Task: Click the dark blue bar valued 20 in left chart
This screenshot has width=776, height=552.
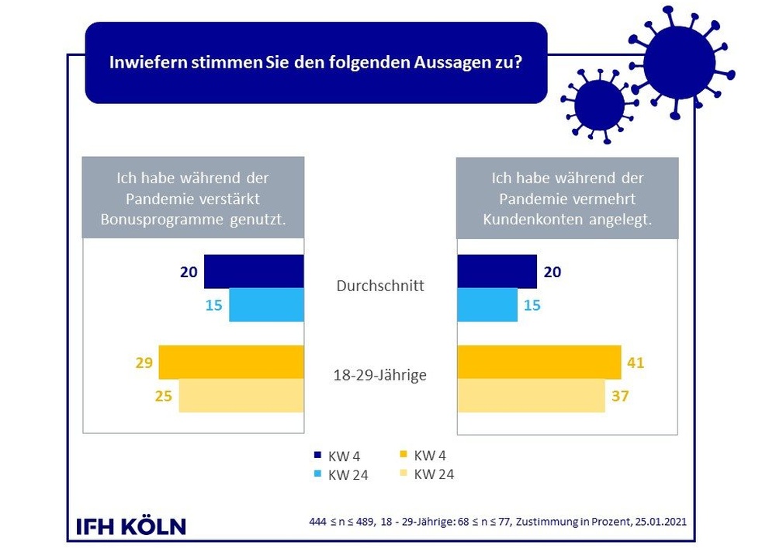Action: [253, 271]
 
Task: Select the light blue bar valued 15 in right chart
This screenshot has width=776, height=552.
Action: [487, 304]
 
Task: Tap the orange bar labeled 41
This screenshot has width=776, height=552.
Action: [539, 362]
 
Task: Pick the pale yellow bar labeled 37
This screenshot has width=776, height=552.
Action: [531, 396]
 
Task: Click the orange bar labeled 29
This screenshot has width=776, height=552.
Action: [230, 362]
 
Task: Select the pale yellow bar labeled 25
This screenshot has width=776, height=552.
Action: [241, 396]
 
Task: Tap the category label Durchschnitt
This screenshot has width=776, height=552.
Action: [380, 286]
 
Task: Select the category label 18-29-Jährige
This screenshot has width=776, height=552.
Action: [380, 375]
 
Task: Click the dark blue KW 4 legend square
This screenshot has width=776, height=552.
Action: [317, 457]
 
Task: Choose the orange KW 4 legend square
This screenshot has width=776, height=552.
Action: [404, 456]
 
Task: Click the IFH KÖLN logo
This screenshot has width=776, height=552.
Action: [131, 526]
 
